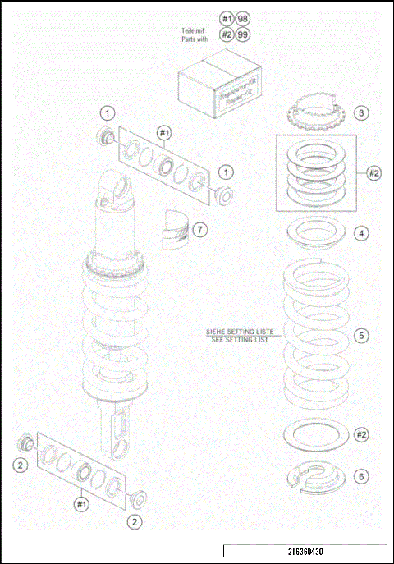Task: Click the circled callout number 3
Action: click(x=361, y=112)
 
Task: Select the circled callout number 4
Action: click(x=361, y=233)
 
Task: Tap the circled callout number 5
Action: click(x=361, y=335)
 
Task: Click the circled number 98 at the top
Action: click(x=244, y=18)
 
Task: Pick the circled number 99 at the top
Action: click(x=244, y=34)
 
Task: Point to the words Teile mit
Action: click(x=193, y=30)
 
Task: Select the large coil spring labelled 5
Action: click(x=316, y=337)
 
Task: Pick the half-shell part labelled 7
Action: click(x=174, y=227)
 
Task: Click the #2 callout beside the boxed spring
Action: click(x=373, y=173)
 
